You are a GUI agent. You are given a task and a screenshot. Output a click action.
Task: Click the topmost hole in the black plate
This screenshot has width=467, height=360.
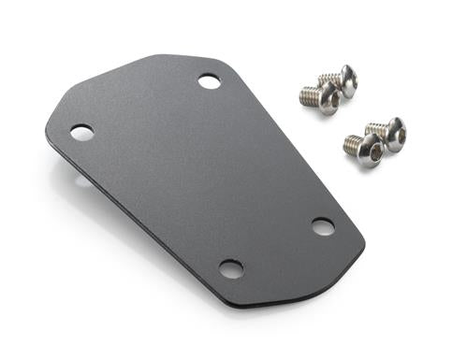click(210, 81)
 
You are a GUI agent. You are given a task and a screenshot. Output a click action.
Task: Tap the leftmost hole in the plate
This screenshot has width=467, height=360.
click(81, 133)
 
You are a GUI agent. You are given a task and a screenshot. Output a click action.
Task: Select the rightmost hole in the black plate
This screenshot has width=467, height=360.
click(323, 226)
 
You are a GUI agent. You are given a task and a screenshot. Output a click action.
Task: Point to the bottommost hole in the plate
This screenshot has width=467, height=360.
click(230, 269)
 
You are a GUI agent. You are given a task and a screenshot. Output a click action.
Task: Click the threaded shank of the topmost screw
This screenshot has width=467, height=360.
click(328, 79)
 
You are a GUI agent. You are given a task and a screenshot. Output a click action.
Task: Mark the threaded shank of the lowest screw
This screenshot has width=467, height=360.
click(351, 143)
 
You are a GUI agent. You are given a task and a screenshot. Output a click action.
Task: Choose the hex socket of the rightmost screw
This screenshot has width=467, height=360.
click(398, 136)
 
